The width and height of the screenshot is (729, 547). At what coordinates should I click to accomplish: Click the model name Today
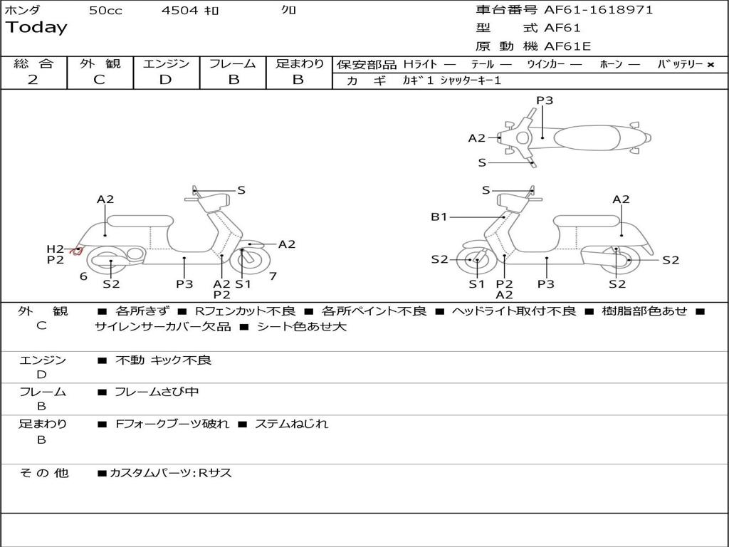coord(36,28)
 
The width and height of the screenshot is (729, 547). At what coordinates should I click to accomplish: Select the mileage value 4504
coord(181,11)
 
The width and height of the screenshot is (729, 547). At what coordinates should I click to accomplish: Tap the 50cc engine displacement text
coord(105,11)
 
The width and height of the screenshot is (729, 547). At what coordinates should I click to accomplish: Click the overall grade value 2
coord(33,80)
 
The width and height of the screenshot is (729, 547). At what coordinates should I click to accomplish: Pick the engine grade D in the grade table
coord(165,80)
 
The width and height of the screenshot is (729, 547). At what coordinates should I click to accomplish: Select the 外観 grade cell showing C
coord(99,80)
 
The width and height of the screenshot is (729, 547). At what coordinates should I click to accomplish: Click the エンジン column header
coord(166,64)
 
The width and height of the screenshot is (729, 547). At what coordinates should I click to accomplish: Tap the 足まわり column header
coord(300,64)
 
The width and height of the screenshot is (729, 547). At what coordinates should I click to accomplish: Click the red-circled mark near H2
coord(75,250)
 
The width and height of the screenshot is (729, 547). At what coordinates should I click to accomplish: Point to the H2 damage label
coord(56,249)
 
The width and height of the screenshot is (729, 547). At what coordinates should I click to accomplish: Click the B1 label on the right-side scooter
coord(439,217)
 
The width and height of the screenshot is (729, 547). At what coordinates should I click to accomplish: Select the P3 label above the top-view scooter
coord(545,100)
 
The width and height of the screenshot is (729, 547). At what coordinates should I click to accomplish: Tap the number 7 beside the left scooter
coord(273,276)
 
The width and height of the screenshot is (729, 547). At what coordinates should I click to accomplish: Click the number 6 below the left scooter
coord(83,276)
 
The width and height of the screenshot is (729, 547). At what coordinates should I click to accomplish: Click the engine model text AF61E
coord(567,46)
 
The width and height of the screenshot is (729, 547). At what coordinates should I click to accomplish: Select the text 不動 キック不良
coord(163,360)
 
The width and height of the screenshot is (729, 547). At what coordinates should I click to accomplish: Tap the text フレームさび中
coord(157,392)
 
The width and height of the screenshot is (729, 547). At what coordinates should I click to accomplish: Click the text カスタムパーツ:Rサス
coord(171,473)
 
